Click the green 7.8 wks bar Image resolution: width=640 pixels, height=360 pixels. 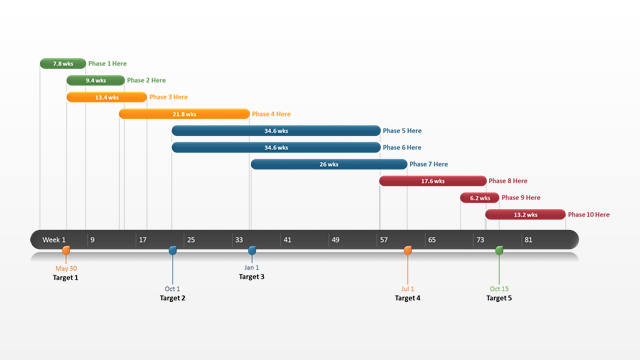pos(62,64)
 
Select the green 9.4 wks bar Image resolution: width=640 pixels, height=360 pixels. pos(96,80)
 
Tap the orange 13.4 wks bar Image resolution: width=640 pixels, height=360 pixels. pos(107,97)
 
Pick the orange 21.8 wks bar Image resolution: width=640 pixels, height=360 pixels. pos(184,114)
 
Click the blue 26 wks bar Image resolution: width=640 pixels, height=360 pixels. pos(328,164)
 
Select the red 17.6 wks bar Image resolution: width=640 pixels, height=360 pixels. pos(432,181)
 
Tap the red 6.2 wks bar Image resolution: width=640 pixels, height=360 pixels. pos(479,198)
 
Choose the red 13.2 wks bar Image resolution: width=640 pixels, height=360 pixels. pos(525,214)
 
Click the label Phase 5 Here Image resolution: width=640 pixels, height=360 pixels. pos(402,131)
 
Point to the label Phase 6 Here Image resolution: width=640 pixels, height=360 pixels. pos(402,148)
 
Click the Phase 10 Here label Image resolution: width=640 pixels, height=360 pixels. pos(589,215)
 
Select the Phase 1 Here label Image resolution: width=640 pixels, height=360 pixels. pos(107,64)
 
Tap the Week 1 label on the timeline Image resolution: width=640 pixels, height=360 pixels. pos(54,240)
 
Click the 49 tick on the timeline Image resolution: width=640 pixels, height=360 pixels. pos(335,240)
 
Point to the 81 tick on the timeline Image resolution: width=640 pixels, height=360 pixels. pos(528,240)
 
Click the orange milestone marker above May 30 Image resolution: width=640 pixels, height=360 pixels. pos(66,251)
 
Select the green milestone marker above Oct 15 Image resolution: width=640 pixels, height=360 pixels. pos(499,251)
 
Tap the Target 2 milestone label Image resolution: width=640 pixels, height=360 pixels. pos(172,298)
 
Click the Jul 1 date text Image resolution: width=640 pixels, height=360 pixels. pos(407,289)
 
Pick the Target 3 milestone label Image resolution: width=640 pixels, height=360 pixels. pos(251,277)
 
